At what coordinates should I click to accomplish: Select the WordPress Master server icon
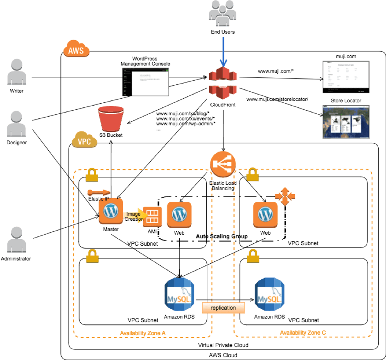pyautogui.click(x=111, y=211)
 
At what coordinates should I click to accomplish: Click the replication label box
pyautogui.click(x=223, y=308)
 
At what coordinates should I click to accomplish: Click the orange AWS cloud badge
pyautogui.click(x=76, y=51)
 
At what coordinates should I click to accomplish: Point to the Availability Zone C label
pyautogui.click(x=303, y=333)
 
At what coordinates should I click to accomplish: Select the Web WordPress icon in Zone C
pyautogui.click(x=265, y=214)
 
